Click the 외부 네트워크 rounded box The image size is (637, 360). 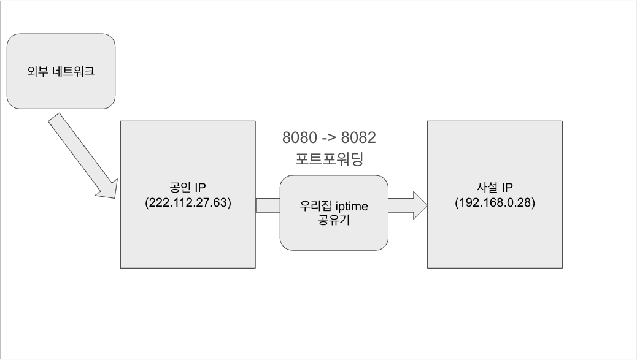click(x=61, y=71)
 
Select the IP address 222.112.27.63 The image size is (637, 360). click(x=187, y=203)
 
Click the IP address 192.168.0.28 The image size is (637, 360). click(x=495, y=203)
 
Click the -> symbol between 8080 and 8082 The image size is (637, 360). click(x=328, y=137)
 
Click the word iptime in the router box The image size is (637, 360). click(x=352, y=207)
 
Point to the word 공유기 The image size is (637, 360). click(x=334, y=221)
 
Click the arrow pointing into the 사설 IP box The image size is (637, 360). click(x=408, y=205)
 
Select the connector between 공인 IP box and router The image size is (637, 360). click(x=268, y=205)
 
